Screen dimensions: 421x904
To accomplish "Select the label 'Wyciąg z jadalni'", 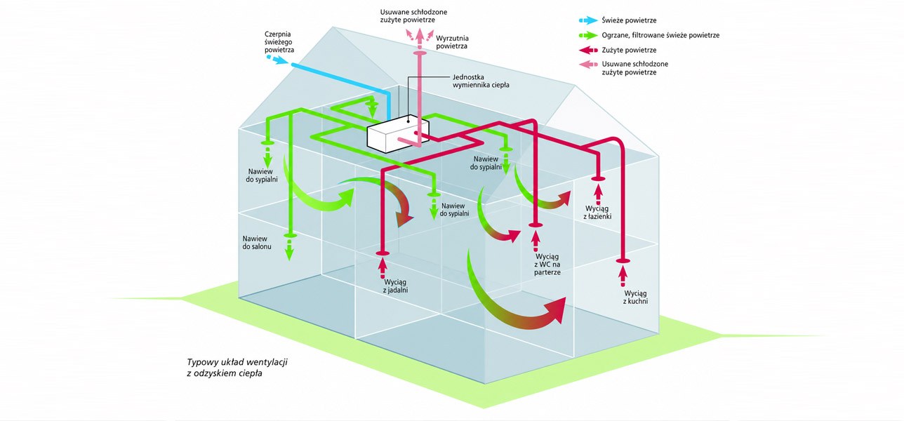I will tap(396, 286).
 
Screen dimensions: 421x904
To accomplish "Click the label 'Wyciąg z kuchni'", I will tap(636, 297).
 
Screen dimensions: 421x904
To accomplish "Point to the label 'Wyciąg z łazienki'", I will tap(597, 213).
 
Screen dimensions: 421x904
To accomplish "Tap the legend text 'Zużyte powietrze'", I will tap(629, 50).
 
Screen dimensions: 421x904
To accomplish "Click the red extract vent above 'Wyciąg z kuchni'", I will tap(623, 262).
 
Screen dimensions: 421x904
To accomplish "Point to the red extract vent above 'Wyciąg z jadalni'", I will tap(383, 253).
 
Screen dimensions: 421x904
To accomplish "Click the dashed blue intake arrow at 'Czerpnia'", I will tap(277, 59).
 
